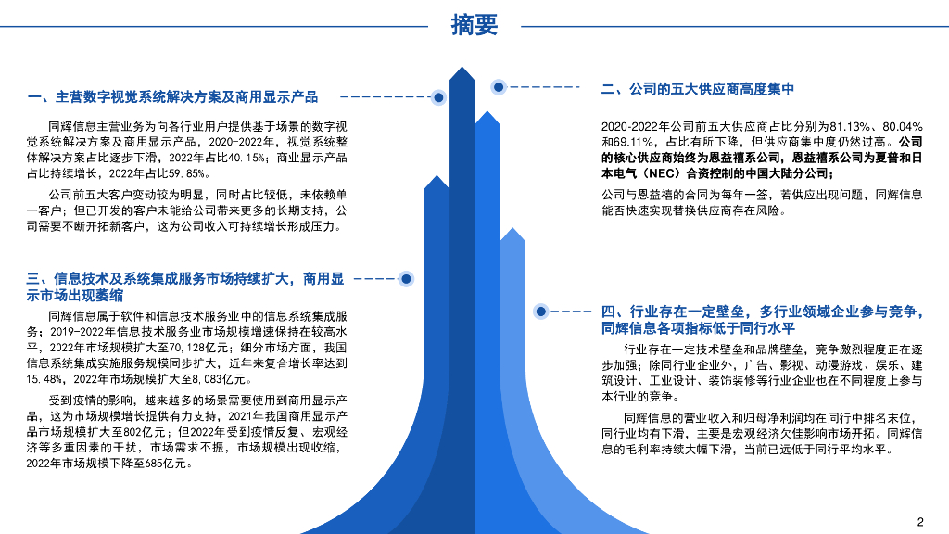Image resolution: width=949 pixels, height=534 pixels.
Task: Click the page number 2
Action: click(x=920, y=520)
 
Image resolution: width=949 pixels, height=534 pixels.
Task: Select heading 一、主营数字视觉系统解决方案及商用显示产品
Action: click(x=173, y=96)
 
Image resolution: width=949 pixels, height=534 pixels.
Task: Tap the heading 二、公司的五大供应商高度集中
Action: click(x=698, y=89)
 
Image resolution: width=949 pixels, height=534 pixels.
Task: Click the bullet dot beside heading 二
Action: click(x=499, y=87)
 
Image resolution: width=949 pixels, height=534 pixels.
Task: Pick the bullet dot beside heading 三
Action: click(x=405, y=278)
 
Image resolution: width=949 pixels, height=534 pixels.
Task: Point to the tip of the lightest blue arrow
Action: click(x=512, y=228)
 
